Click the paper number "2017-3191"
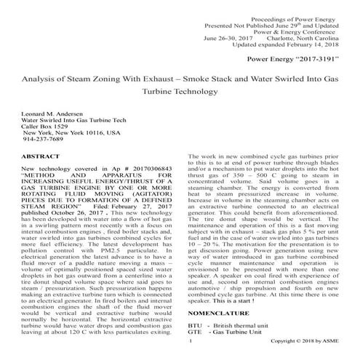[x=306, y=55]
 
